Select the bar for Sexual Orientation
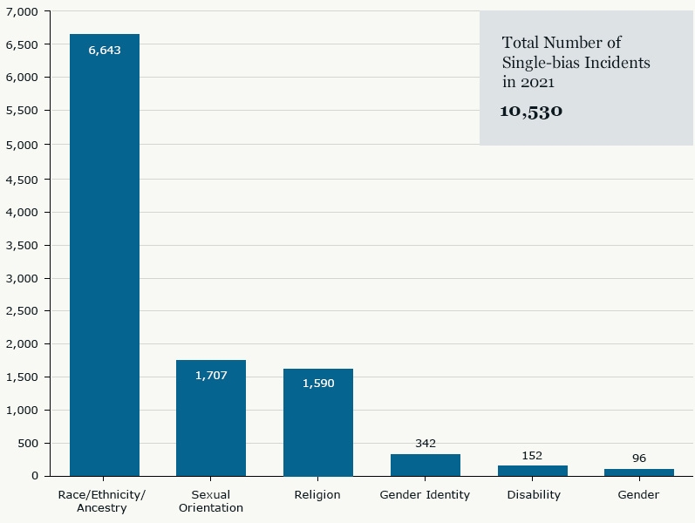(x=211, y=418)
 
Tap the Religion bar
(x=318, y=422)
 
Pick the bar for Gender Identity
(x=426, y=465)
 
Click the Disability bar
(x=532, y=471)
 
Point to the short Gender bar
(x=639, y=472)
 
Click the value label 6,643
(x=105, y=51)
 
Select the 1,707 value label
(x=211, y=376)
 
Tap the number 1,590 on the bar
(x=318, y=384)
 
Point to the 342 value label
(x=426, y=444)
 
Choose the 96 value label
(x=639, y=458)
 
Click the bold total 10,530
(x=531, y=112)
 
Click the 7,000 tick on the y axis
(x=23, y=11)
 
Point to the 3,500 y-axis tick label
(x=23, y=246)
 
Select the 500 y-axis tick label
(x=29, y=444)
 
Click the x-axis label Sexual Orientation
(x=211, y=501)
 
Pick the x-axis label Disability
(x=533, y=495)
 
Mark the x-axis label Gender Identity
(x=425, y=495)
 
